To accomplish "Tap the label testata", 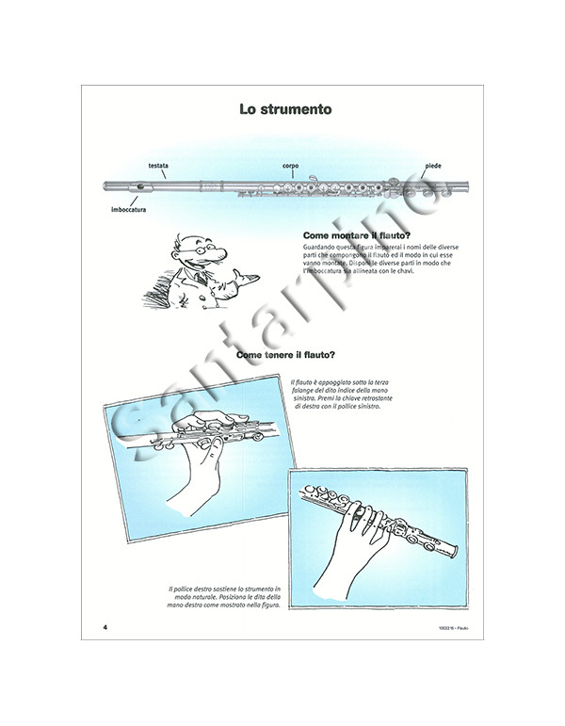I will [x=158, y=166].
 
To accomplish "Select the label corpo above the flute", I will [x=290, y=166].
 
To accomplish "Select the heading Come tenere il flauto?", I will [x=281, y=355].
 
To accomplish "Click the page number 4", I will [x=106, y=625].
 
